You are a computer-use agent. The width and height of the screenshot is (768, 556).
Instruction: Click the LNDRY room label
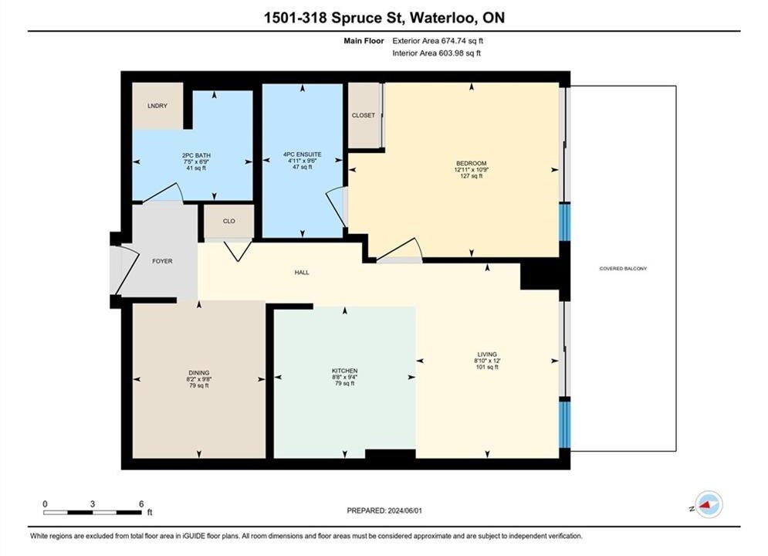tap(157, 106)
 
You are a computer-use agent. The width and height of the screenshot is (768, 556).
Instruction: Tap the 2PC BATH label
tap(196, 155)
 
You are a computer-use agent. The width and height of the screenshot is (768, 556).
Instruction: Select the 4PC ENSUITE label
tap(303, 154)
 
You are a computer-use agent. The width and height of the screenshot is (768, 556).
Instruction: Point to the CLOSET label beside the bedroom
tap(364, 115)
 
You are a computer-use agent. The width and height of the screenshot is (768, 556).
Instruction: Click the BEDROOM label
tap(471, 164)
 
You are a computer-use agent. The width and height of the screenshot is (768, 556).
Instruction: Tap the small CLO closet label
tap(228, 221)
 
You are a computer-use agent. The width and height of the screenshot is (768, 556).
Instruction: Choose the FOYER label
tap(162, 261)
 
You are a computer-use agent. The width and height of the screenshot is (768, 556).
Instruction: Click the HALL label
tap(302, 273)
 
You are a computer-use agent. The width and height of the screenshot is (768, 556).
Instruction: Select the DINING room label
tap(199, 373)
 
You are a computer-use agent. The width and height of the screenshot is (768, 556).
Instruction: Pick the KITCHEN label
tap(345, 371)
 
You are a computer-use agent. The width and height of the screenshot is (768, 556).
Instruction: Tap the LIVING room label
tap(487, 354)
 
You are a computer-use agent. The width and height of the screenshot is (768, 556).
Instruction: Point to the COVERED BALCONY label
tap(623, 269)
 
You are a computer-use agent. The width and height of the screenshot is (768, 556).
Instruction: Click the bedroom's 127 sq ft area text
tap(471, 176)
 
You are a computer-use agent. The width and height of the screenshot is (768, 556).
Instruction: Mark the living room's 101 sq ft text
tap(487, 367)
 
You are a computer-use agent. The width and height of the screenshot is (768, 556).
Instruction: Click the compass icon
tap(709, 504)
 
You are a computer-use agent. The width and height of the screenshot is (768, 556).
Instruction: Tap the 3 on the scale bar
tap(92, 503)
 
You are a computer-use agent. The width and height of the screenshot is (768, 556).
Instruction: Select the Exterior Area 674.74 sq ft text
tap(438, 41)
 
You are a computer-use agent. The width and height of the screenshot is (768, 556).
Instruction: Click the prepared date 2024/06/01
tap(405, 510)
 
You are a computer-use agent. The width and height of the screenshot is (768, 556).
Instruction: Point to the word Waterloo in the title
tap(443, 18)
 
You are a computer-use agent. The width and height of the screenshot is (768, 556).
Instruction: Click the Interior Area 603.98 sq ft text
tap(436, 53)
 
